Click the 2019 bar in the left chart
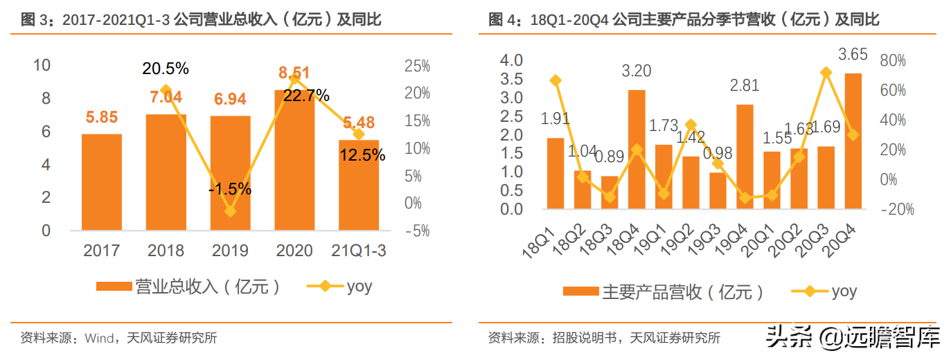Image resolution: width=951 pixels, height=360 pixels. point(231,173)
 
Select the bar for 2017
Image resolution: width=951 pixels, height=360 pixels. point(102,182)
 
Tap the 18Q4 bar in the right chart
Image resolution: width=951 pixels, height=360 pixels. point(637,149)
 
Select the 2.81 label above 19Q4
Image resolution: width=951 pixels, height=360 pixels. point(745,86)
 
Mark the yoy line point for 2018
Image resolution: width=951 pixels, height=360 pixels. point(166,90)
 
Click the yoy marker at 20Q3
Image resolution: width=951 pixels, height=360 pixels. point(826,72)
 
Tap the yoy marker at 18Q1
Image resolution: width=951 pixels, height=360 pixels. point(556,80)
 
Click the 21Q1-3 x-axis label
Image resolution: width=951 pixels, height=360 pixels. point(359,251)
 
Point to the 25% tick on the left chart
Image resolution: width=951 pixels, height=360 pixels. point(417,66)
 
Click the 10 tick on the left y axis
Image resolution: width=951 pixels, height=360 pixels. point(42,65)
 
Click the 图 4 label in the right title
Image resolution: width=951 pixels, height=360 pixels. point(504,20)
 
